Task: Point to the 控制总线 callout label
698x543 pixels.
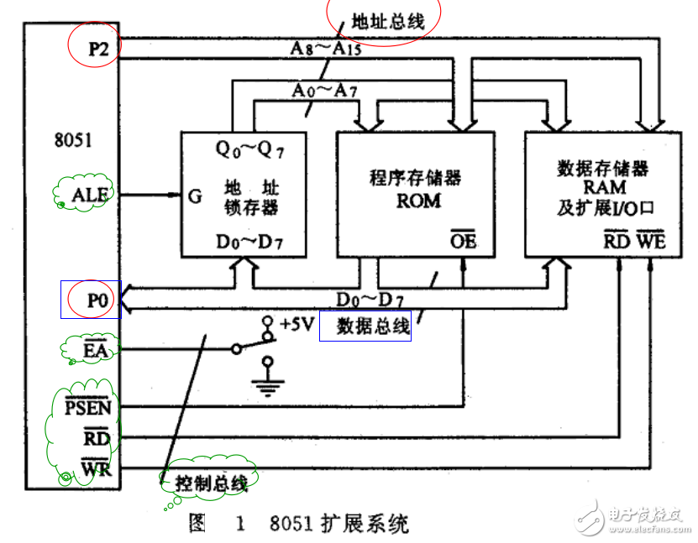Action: [x=211, y=483]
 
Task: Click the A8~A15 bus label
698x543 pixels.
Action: [x=327, y=49]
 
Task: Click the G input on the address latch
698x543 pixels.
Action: [x=194, y=196]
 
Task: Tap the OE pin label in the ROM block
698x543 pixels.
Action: [x=463, y=241]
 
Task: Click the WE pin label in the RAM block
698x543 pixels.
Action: [x=651, y=241]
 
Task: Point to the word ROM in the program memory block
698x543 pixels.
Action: [x=418, y=201]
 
